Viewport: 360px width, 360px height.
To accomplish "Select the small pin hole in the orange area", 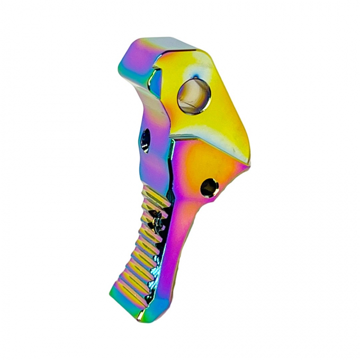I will [x=209, y=186].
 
